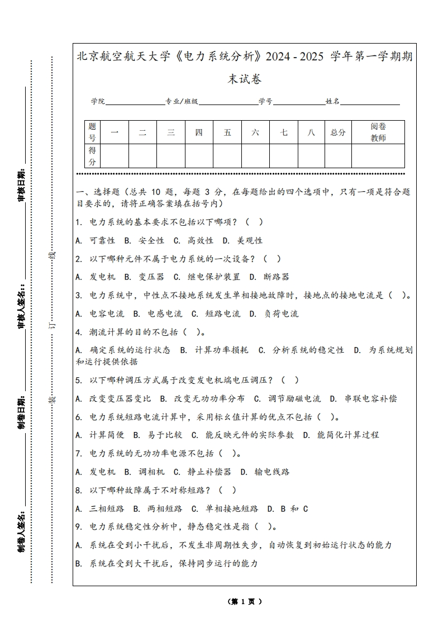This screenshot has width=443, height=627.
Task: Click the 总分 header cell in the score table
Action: pyautogui.click(x=338, y=132)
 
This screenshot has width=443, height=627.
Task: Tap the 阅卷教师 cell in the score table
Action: pyautogui.click(x=378, y=132)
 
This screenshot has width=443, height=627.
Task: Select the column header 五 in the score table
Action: pyautogui.click(x=227, y=132)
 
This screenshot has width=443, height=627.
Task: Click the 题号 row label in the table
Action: pyautogui.click(x=93, y=132)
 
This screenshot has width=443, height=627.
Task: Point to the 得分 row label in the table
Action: pyautogui.click(x=93, y=156)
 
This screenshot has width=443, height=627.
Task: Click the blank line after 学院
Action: pyautogui.click(x=135, y=102)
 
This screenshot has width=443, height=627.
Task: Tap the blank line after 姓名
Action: pyautogui.click(x=370, y=102)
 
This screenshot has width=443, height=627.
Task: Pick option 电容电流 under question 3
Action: pyautogui.click(x=102, y=313)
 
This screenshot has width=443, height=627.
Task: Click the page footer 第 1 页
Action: pyautogui.click(x=245, y=601)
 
